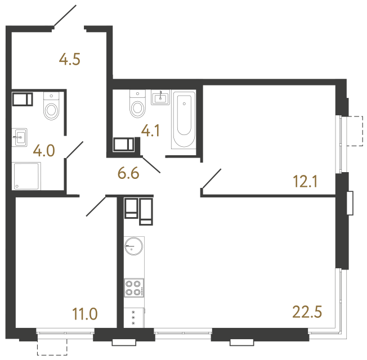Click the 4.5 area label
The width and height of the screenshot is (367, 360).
coord(70,59)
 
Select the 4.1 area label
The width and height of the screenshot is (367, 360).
coord(150,132)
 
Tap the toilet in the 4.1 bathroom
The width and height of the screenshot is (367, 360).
coord(137,104)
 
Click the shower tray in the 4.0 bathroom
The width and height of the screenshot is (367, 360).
coord(26,177)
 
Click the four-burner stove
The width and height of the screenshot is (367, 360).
coord(134,288)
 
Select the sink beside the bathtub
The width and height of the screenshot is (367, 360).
coord(160,99)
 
